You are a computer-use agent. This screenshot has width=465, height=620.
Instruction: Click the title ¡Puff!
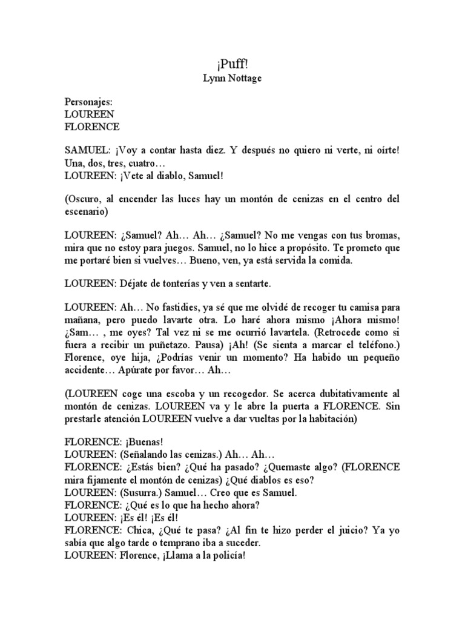(232, 64)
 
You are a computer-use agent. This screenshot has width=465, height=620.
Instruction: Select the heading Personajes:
(89, 102)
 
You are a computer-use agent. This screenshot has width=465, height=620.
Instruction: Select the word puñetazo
(166, 345)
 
